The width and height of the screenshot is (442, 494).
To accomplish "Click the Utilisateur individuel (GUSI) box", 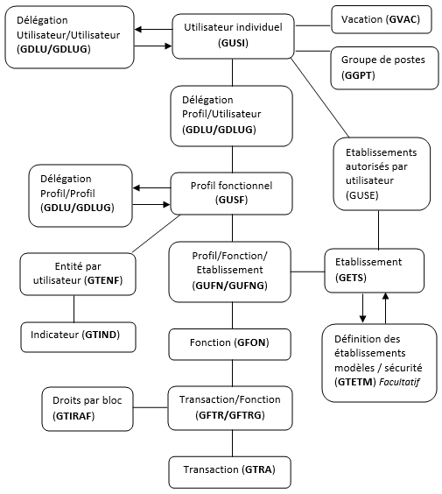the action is click(233, 36).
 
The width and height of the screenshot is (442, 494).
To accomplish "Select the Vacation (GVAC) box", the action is click(382, 19).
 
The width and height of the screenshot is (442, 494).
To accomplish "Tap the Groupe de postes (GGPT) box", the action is click(384, 68).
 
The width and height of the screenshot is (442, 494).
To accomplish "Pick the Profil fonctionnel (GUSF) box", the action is click(231, 194).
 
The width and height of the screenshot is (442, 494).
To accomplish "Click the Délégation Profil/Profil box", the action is click(81, 195).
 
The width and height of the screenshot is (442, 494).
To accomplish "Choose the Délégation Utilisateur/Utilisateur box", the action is click(69, 37).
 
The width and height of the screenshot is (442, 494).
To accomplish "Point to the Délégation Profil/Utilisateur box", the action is click(232, 116).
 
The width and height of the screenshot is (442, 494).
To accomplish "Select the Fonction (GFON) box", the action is click(230, 344).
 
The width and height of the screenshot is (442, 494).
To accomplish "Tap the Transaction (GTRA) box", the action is click(230, 472).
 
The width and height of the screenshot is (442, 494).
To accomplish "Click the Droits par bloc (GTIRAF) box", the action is click(88, 409).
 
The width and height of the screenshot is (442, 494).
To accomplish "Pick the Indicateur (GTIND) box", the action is click(79, 337).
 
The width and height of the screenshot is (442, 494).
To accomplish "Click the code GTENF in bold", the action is click(103, 280).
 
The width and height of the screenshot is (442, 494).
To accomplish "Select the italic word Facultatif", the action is click(399, 382).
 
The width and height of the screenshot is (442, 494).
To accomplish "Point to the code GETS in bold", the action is click(351, 278).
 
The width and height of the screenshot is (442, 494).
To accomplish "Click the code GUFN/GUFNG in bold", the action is click(230, 286).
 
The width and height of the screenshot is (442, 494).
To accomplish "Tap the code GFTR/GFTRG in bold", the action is click(230, 415).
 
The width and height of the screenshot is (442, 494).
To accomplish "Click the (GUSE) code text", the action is click(362, 195).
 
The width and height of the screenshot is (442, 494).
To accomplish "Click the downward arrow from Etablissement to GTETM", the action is click(363, 308).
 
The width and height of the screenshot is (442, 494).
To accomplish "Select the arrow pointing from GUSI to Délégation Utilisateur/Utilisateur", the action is click(154, 30).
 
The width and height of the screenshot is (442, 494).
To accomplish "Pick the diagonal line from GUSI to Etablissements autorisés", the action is click(320, 98).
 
